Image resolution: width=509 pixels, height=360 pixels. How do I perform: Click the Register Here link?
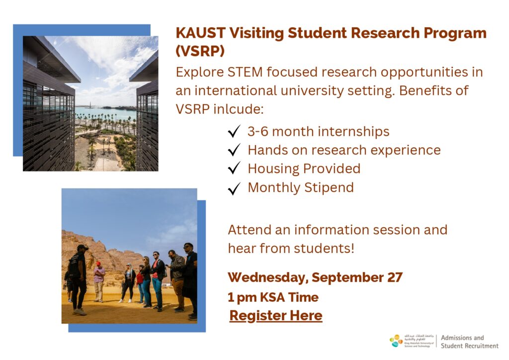coord(275,316)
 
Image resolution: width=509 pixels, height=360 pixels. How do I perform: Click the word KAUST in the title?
coord(201,33)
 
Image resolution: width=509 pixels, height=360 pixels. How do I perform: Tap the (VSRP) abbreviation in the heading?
coord(200,51)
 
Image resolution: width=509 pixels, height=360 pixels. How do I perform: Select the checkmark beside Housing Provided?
coord(234,168)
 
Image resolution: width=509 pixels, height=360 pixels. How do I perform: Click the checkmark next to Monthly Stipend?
coord(234,188)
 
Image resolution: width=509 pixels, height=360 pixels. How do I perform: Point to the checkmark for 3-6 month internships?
coord(234,131)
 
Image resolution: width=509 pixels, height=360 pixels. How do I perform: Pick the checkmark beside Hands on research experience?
coord(234,150)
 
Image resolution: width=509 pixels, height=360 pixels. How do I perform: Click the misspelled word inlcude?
coord(238,109)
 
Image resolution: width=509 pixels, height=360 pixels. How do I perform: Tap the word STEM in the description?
coord(245,72)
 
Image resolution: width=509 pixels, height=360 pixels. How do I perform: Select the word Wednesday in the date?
coord(268,278)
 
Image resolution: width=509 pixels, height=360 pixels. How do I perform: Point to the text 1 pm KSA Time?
coord(273,297)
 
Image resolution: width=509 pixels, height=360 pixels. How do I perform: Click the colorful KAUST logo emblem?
coord(396,341)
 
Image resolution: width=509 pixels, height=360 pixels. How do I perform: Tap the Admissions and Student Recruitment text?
coord(469,342)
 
